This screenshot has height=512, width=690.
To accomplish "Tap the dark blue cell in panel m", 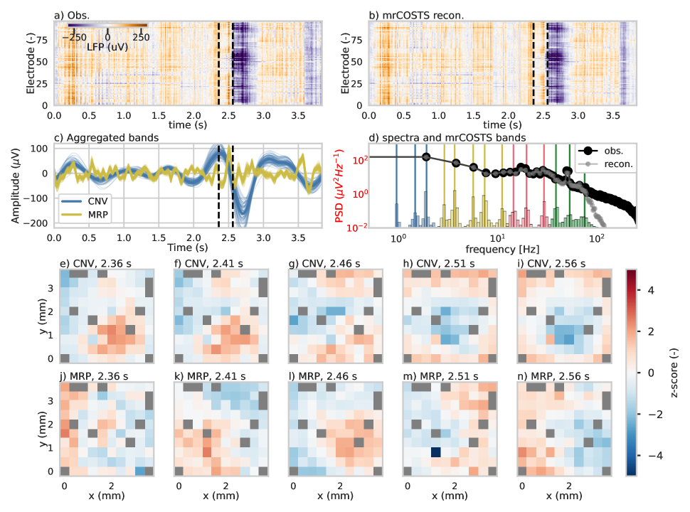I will (x=435, y=452).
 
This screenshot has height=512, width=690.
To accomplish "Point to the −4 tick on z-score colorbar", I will (x=647, y=454).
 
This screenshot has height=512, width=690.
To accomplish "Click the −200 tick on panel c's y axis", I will (x=38, y=223).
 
